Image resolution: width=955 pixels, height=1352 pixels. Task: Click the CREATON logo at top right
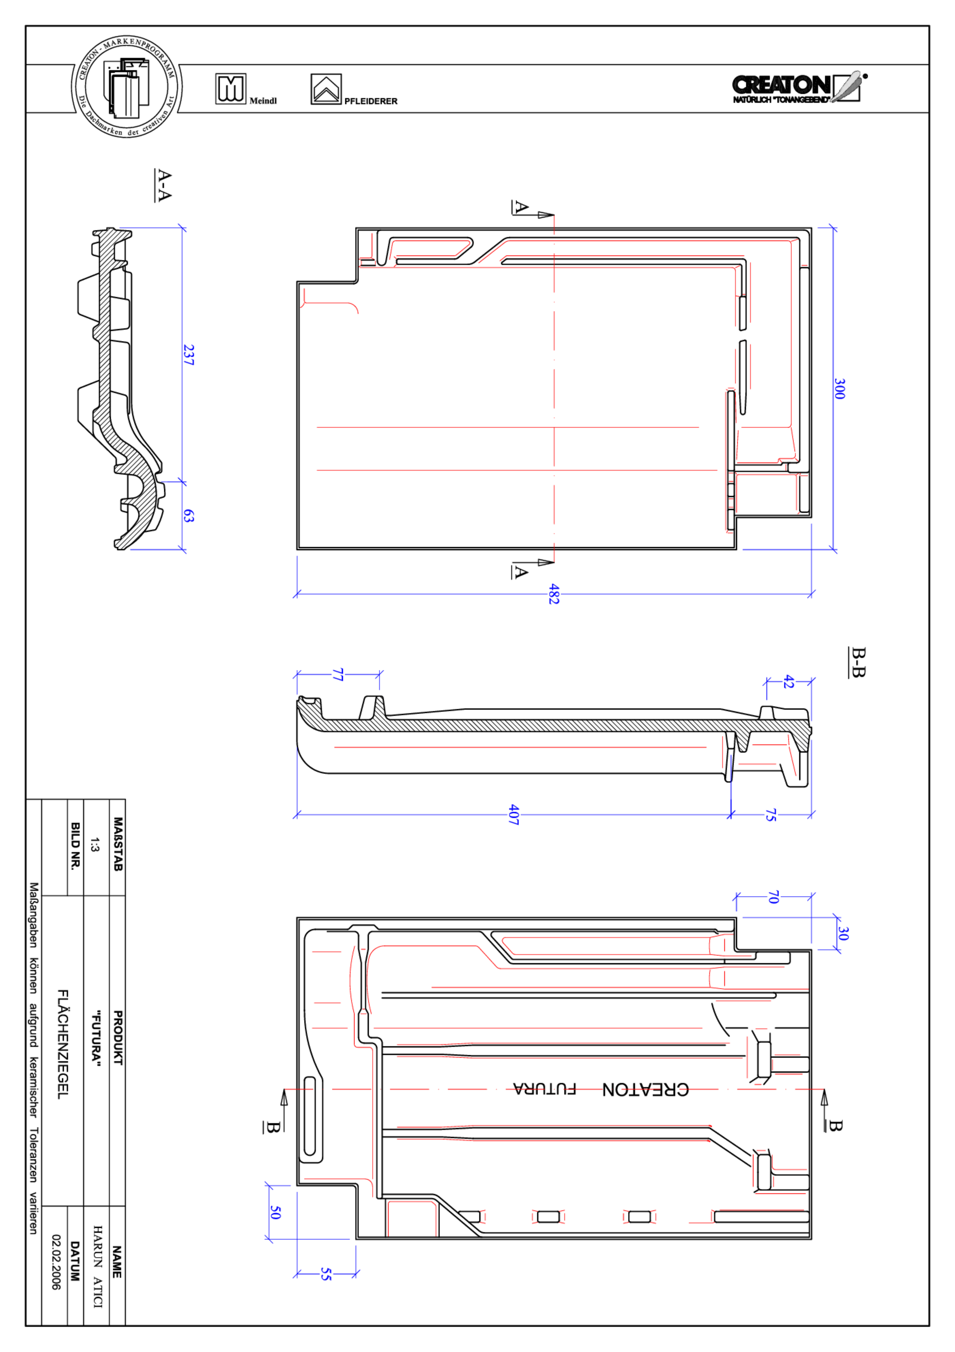click(x=798, y=88)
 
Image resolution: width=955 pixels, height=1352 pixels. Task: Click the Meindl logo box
click(x=230, y=89)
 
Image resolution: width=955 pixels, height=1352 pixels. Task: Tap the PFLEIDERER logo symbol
click(x=326, y=89)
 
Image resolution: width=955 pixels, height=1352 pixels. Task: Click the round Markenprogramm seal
click(x=127, y=87)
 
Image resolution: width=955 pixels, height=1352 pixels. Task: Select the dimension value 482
click(x=553, y=594)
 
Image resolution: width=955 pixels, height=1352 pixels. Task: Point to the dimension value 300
click(x=839, y=389)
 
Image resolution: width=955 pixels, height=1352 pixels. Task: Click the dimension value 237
click(x=188, y=355)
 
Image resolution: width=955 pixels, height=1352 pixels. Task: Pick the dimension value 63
click(x=188, y=516)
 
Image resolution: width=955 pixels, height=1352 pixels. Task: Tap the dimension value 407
click(x=514, y=814)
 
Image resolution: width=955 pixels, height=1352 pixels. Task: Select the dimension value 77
click(x=337, y=675)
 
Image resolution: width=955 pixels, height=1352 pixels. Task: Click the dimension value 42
click(x=788, y=682)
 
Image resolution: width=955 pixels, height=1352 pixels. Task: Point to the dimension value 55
click(x=326, y=1274)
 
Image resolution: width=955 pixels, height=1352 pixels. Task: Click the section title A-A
click(x=163, y=185)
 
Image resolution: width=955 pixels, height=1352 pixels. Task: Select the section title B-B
click(x=858, y=662)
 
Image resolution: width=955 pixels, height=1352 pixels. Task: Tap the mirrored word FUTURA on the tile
click(x=544, y=1089)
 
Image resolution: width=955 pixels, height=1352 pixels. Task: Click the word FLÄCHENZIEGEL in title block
click(x=62, y=1044)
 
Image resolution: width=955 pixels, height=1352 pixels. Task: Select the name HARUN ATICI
click(x=97, y=1266)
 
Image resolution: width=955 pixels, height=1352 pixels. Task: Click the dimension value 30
click(x=843, y=933)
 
